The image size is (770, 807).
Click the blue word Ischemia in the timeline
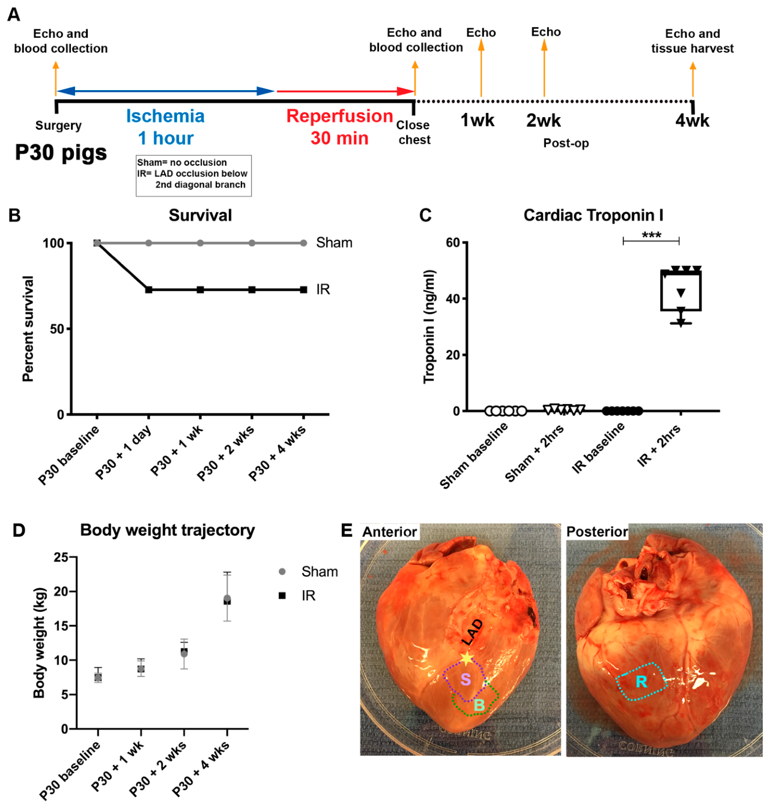click(x=165, y=116)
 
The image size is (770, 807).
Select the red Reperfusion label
click(x=339, y=116)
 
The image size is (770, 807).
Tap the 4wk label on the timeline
click(x=692, y=121)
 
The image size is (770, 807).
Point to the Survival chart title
click(x=200, y=216)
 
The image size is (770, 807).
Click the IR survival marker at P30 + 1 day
click(x=148, y=290)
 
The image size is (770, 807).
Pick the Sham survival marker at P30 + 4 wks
click(x=303, y=243)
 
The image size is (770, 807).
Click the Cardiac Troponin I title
click(x=593, y=215)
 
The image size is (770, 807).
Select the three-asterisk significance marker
click(x=651, y=235)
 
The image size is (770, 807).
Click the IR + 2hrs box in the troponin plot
click(x=681, y=291)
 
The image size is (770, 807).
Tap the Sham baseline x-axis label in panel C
click(x=474, y=455)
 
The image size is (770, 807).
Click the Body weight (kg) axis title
click(x=40, y=642)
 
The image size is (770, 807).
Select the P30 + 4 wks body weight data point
click(x=227, y=600)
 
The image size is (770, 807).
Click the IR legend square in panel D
click(x=282, y=596)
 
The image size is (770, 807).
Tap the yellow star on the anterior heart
click(x=466, y=658)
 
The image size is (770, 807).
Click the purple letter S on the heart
click(x=465, y=680)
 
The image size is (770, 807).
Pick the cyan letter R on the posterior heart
click(x=641, y=682)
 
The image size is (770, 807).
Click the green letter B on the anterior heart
click(x=479, y=705)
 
